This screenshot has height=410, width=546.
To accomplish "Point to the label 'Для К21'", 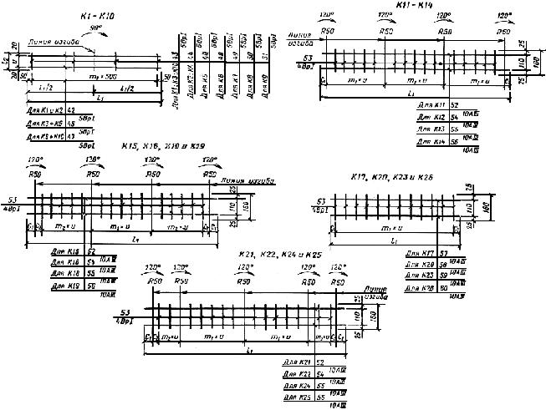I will point(299,363).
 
